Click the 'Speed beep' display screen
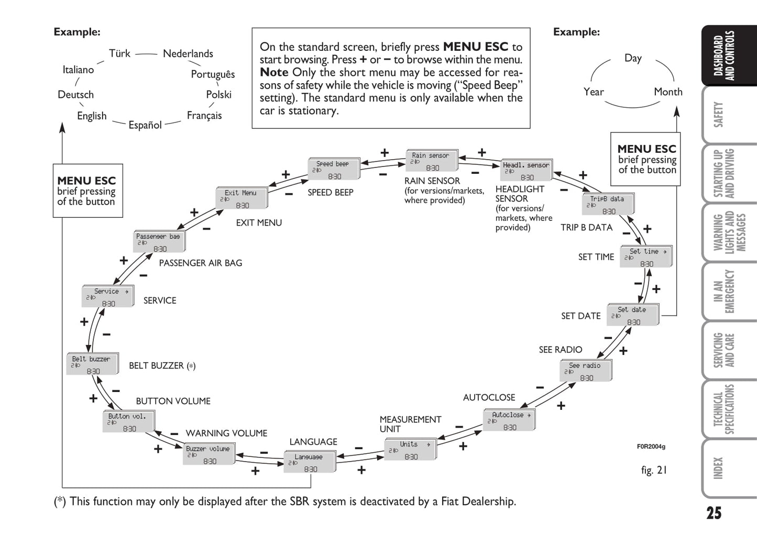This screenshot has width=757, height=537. pyautogui.click(x=333, y=170)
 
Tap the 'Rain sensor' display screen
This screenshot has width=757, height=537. pyautogui.click(x=431, y=161)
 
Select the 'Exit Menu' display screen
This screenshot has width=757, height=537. pyautogui.click(x=242, y=199)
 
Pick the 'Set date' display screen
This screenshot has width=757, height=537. pyautogui.click(x=632, y=316)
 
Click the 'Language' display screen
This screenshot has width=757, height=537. pyautogui.click(x=309, y=463)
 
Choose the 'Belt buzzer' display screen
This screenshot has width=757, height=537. pyautogui.click(x=92, y=365)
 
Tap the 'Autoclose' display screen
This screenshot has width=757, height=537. pyautogui.click(x=509, y=421)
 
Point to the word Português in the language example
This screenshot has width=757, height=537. pyautogui.click(x=213, y=74)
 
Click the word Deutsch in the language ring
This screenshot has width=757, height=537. pyautogui.click(x=76, y=95)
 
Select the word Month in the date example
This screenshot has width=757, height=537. pyautogui.click(x=668, y=92)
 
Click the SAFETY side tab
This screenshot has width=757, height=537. pyautogui.click(x=719, y=115)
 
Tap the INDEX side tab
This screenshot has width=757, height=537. pyautogui.click(x=719, y=468)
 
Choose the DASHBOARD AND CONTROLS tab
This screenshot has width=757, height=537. pyautogui.click(x=725, y=55)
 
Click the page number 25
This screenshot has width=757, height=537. pyautogui.click(x=714, y=513)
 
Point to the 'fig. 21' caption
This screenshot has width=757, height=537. pyautogui.click(x=654, y=470)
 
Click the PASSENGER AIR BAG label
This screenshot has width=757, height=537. pyautogui.click(x=201, y=263)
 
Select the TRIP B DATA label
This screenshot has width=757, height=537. pyautogui.click(x=586, y=228)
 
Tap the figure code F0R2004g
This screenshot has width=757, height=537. pyautogui.click(x=651, y=446)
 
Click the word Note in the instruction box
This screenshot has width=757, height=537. pyautogui.click(x=274, y=73)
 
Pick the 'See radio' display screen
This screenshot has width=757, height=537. pyautogui.click(x=585, y=371)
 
